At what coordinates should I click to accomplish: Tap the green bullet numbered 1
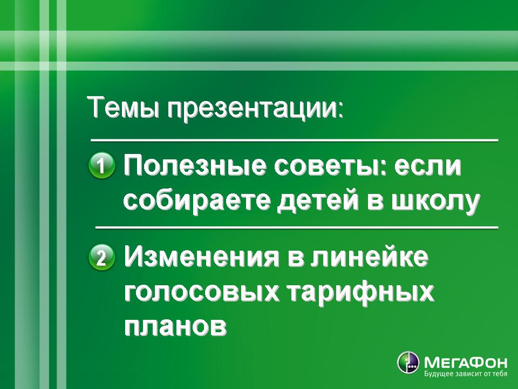[102, 165]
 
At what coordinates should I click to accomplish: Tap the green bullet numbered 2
[102, 257]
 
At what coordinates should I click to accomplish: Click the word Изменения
[201, 257]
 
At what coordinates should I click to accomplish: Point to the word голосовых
[201, 292]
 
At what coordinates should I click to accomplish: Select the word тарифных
[360, 293]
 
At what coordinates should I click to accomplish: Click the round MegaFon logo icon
[408, 363]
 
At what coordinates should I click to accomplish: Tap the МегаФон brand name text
[466, 363]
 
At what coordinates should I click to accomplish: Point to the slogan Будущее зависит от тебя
[466, 374]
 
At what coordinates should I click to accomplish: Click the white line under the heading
[295, 140]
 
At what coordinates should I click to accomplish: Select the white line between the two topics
[297, 227]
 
